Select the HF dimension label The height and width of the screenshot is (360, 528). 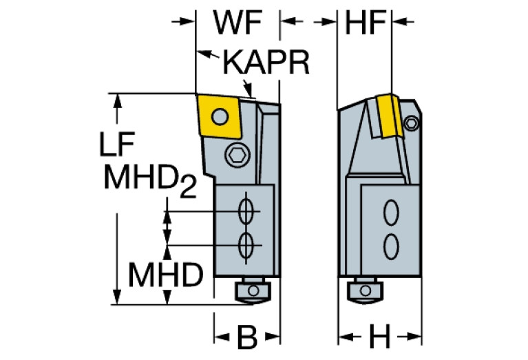point(363,23)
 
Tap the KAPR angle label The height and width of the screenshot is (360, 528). point(266,63)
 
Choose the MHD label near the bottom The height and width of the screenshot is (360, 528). point(165,277)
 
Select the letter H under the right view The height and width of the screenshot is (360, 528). point(379,337)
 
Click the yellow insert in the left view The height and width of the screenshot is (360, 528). point(219,118)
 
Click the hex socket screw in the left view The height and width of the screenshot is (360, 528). point(238,157)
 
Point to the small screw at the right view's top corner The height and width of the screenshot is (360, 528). point(412,123)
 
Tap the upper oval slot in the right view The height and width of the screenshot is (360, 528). point(391,213)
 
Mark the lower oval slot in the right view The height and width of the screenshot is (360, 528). point(391,244)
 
